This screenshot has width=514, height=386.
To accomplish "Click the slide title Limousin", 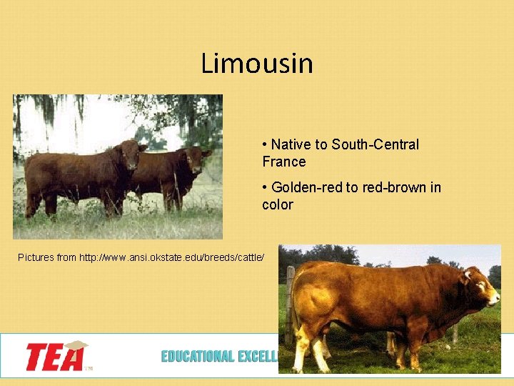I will pyautogui.click(x=257, y=64).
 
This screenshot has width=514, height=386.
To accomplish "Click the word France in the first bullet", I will pyautogui.click(x=283, y=162).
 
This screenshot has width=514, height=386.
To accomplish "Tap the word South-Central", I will pyautogui.click(x=375, y=144).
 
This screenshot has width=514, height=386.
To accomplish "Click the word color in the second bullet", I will pyautogui.click(x=277, y=204).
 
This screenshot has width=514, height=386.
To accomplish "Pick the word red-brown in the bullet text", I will pyautogui.click(x=387, y=187).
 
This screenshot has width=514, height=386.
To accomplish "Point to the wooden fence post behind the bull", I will pyautogui.click(x=289, y=300).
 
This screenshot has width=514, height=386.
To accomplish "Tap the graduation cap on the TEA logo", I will pyautogui.click(x=75, y=347).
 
